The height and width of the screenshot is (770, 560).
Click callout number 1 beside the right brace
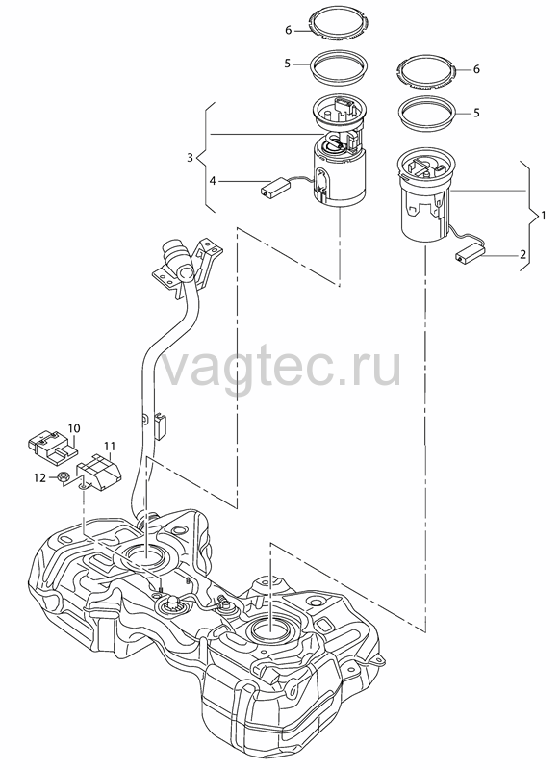coord(543,216)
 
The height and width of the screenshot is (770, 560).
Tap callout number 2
coord(523,255)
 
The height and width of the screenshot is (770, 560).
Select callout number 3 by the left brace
coord(190,158)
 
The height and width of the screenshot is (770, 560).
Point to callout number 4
coord(212,181)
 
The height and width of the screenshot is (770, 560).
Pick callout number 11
coord(110,447)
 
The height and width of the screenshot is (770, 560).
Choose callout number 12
coord(39,477)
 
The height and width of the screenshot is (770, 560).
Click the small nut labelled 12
coord(62,476)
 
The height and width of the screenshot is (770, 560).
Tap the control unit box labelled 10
coord(52,448)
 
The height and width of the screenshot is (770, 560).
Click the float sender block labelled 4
coord(275,188)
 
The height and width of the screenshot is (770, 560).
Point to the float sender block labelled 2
coord(471,255)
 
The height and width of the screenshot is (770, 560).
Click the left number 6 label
coord(288,31)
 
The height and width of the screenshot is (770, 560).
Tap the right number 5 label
coord(476,113)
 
